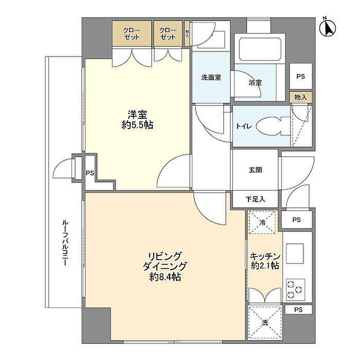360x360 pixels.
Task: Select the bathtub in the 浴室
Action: click(x=260, y=49)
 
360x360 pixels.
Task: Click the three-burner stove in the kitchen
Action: click(x=295, y=290)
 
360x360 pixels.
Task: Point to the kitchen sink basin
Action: click(x=295, y=254)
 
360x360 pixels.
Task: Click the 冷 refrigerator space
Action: click(x=262, y=222)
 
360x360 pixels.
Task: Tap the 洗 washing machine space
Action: click(x=265, y=322)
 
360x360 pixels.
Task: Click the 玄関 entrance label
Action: click(x=255, y=170)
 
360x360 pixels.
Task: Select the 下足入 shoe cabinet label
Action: click(x=255, y=200)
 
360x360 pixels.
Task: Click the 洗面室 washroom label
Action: click(x=211, y=78)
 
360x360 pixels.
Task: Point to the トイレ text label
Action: click(x=244, y=127)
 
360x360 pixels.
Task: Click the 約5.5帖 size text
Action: click(x=137, y=125)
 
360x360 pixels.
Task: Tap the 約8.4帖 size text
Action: click(x=165, y=277)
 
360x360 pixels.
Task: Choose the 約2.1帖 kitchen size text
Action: click(x=265, y=266)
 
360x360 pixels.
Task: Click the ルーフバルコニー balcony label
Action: click(x=65, y=243)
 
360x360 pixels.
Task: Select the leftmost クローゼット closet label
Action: click(x=132, y=33)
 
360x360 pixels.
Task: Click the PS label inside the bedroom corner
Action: click(x=90, y=173)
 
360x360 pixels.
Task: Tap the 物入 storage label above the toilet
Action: click(x=300, y=97)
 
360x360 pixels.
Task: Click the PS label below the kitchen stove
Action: click(x=298, y=310)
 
